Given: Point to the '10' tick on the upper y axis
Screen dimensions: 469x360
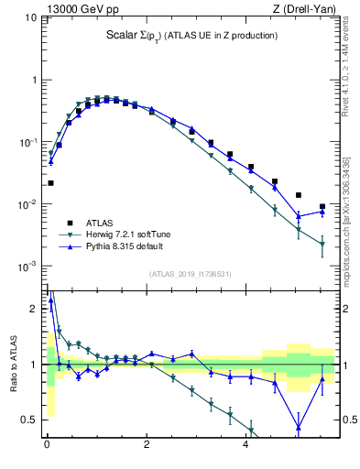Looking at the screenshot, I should pyautogui.click(x=29, y=17).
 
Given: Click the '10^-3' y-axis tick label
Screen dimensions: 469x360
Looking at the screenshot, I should pyautogui.click(x=26, y=266).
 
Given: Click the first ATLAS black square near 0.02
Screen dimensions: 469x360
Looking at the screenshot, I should pyautogui.click(x=51, y=183).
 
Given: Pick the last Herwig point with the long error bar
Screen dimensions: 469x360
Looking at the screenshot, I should pyautogui.click(x=322, y=244).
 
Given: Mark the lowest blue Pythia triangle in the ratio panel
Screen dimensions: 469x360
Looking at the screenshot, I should pyautogui.click(x=298, y=427).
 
